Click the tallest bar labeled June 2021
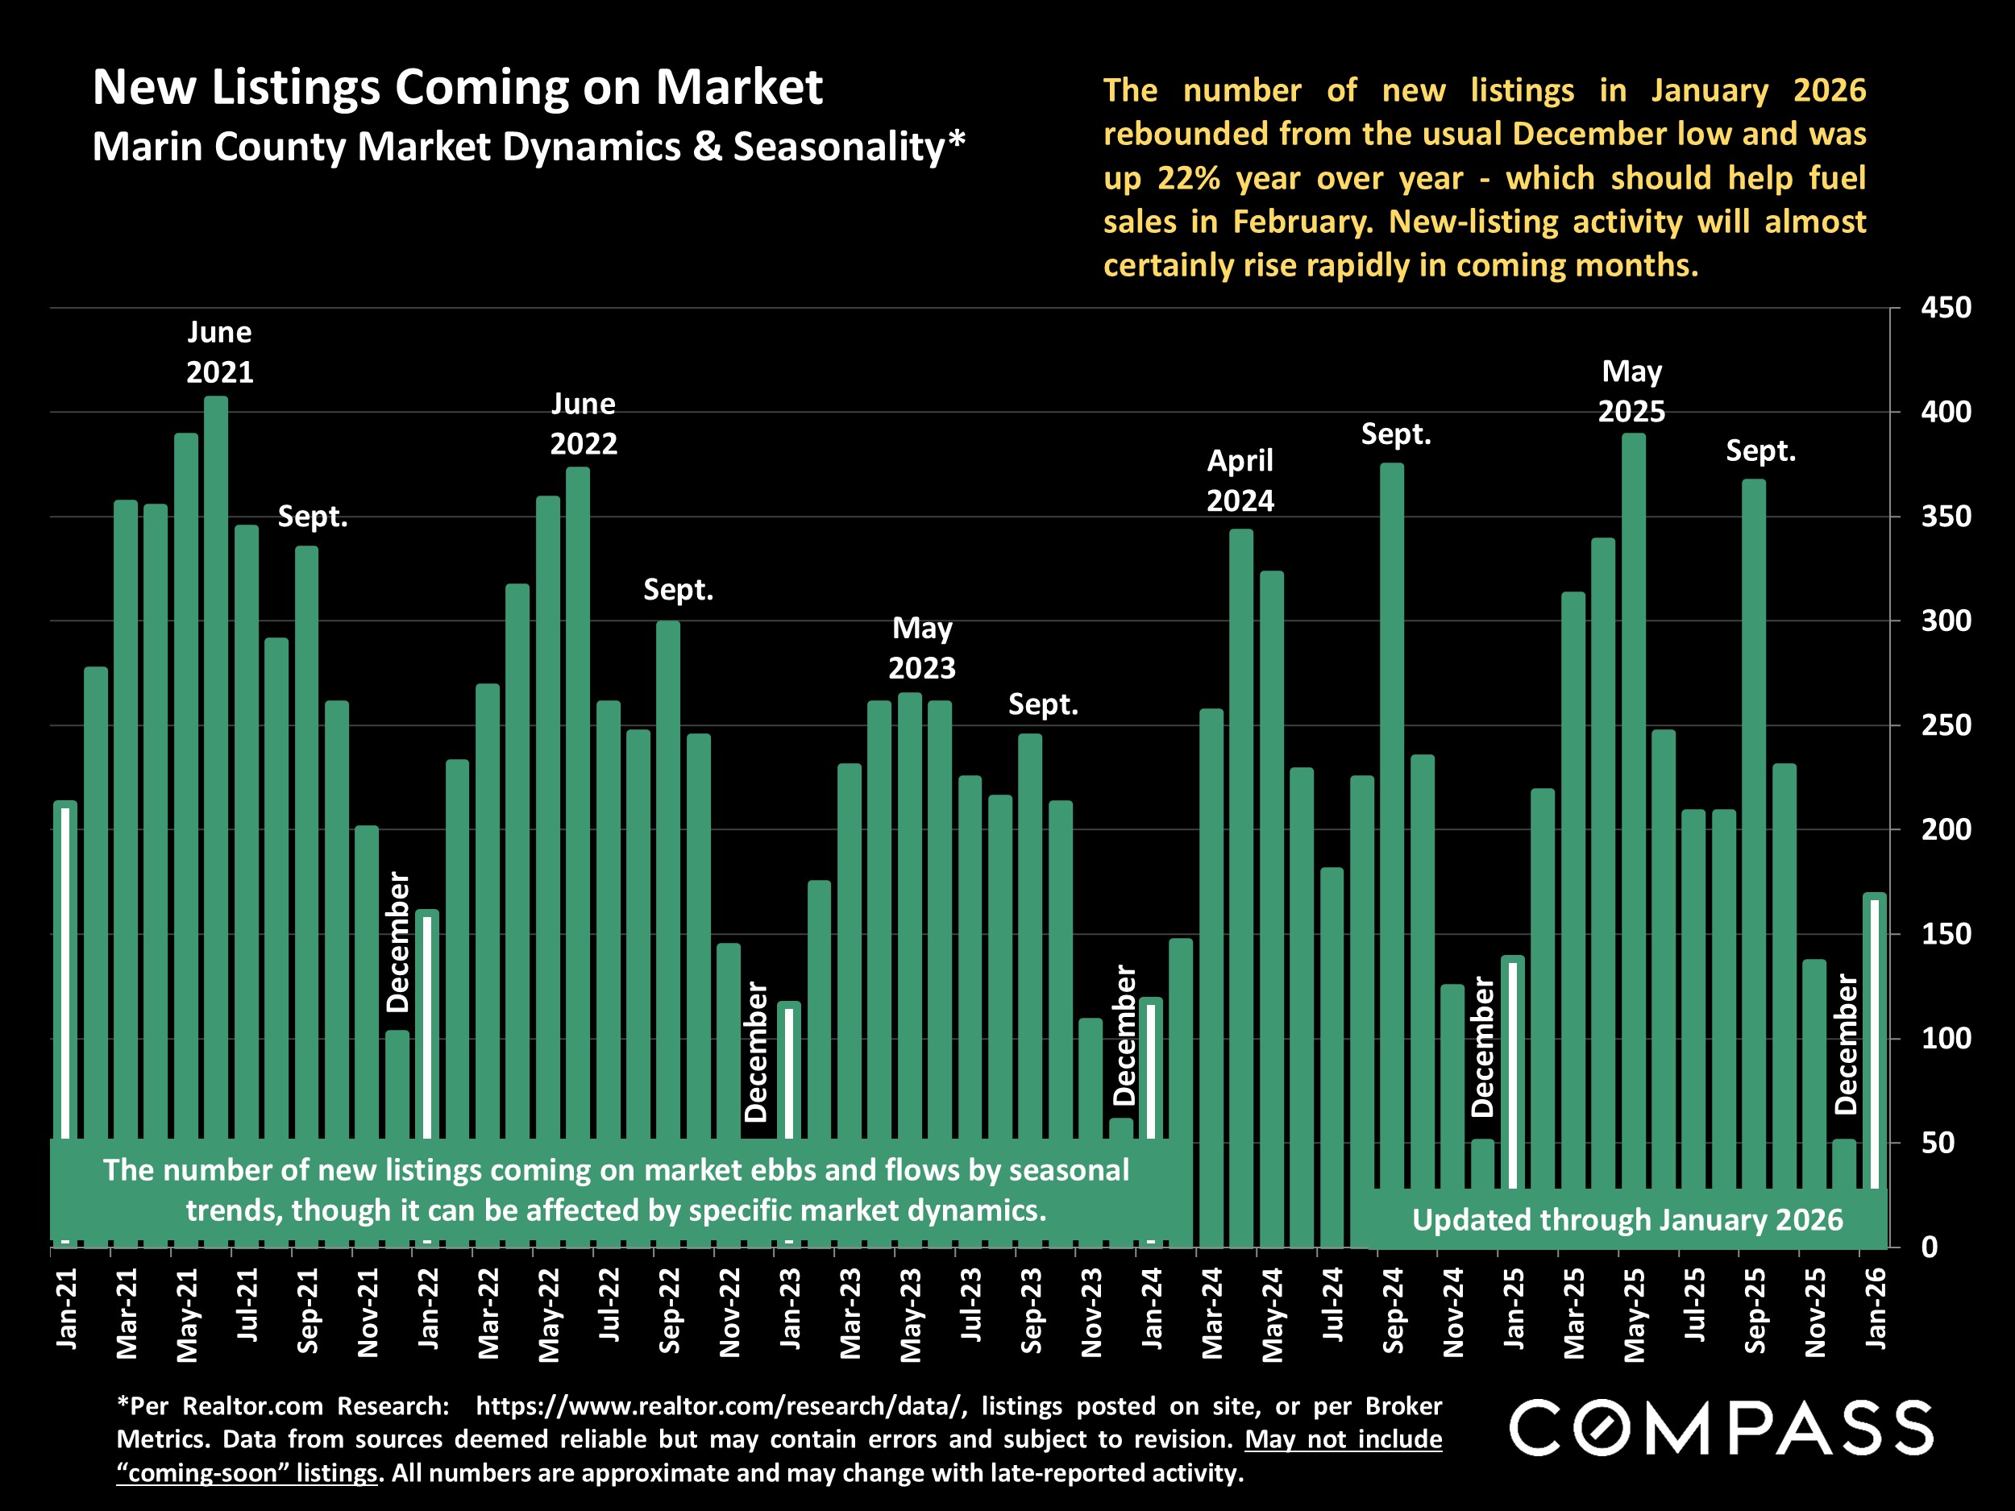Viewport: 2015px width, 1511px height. [216, 729]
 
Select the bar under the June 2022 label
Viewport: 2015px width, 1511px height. [578, 774]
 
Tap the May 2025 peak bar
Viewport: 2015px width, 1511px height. [1633, 774]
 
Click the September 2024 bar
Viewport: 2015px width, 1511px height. [1392, 774]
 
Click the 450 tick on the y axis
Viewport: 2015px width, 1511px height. [1946, 308]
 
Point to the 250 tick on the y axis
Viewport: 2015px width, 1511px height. [1946, 726]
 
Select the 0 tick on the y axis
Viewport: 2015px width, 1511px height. [1930, 1247]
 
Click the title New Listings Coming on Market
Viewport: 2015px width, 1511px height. [457, 87]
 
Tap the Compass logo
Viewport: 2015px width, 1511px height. [1721, 1428]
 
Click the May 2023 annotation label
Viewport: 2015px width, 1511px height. [922, 648]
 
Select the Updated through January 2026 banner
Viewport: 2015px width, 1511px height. [1627, 1219]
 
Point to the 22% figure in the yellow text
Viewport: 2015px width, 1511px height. [1189, 177]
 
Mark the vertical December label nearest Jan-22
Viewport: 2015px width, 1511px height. [398, 942]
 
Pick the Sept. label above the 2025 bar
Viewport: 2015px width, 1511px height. [1760, 450]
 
